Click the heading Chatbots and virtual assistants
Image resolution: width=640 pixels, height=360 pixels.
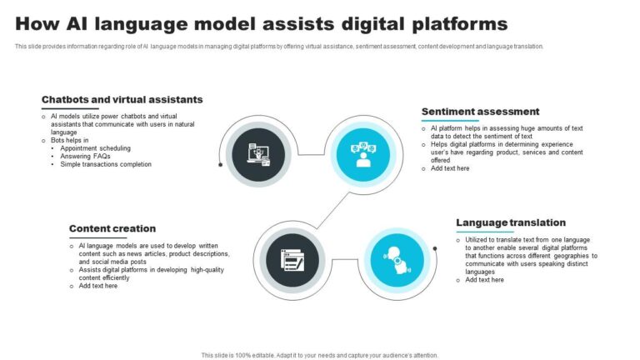pos(122,99)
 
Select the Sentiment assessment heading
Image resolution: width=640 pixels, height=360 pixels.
pos(480,112)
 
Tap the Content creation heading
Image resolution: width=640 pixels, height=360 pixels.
pos(112,228)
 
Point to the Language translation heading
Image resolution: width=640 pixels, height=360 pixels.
pos(511,222)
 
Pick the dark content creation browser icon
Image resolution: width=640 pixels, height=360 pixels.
pos(292,261)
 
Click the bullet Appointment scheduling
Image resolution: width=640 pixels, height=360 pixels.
pos(95,148)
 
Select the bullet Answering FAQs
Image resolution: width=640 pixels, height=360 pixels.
pos(85,156)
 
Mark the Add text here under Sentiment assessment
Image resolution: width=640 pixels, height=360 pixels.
pos(450,168)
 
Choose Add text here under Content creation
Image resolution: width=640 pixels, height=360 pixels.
pos(98,286)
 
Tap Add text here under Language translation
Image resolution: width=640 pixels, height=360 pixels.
pos(484,280)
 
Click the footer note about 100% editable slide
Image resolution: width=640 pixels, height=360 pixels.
pos(320,354)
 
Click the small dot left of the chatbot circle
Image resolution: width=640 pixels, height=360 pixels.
pos(220,164)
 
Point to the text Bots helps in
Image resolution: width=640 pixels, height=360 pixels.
pos(69,140)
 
